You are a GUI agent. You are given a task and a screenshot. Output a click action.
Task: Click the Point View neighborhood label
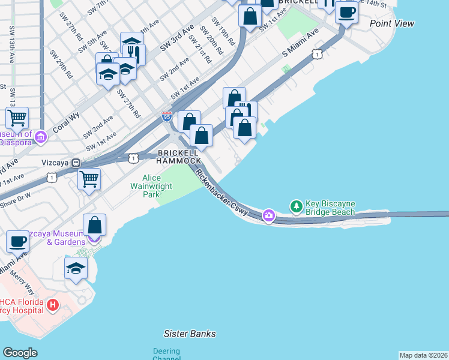click(392, 23)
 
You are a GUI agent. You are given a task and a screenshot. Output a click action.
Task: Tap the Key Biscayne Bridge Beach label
click(330, 208)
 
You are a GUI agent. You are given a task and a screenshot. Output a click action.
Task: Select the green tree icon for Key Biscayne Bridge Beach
click(296, 207)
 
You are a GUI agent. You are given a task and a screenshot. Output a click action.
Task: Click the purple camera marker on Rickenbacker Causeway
click(268, 215)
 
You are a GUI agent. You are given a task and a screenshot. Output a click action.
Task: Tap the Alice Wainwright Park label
click(157, 186)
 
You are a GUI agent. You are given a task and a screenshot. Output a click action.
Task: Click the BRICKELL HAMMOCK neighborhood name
click(178, 157)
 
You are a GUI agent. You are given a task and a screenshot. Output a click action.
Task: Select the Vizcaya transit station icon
click(76, 163)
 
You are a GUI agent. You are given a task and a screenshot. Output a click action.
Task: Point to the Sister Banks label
click(190, 334)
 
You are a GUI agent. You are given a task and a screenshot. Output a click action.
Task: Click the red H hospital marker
click(52, 306)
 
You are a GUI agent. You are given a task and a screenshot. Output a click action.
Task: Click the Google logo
click(20, 353)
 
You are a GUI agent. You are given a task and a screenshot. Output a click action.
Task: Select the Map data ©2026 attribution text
click(423, 355)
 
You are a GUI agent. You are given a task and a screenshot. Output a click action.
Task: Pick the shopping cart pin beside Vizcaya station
click(89, 178)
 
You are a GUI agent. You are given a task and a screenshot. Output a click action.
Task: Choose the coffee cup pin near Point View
click(346, 12)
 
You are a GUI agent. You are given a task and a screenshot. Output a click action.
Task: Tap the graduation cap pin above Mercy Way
click(76, 268)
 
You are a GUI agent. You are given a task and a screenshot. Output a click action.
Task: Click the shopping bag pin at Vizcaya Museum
click(95, 225)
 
